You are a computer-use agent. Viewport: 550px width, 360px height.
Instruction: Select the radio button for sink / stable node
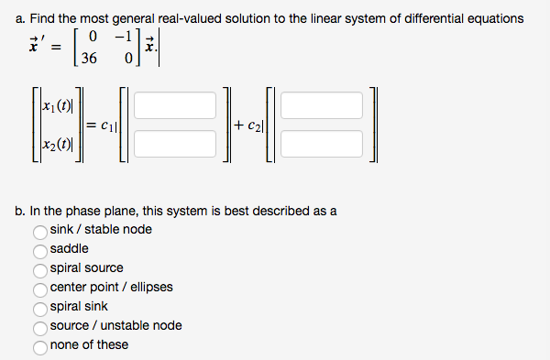[x=40, y=230]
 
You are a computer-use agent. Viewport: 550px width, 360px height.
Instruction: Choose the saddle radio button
[x=40, y=249]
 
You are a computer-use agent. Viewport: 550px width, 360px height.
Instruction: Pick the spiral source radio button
[x=40, y=268]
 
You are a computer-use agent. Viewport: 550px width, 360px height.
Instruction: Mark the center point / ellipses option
[x=40, y=288]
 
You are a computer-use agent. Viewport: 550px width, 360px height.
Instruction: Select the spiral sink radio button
[x=40, y=307]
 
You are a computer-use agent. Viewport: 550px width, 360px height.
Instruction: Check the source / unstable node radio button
[x=40, y=326]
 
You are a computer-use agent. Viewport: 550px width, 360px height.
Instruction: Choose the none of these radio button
[x=40, y=345]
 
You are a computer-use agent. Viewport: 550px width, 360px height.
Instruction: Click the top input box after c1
[x=173, y=105]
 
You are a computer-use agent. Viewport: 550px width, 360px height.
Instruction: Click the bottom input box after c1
[x=173, y=143]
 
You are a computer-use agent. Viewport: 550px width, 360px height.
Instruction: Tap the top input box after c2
[x=320, y=105]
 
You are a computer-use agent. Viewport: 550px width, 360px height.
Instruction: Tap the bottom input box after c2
[x=320, y=143]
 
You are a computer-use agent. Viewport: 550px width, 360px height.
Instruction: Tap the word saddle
[x=70, y=249]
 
